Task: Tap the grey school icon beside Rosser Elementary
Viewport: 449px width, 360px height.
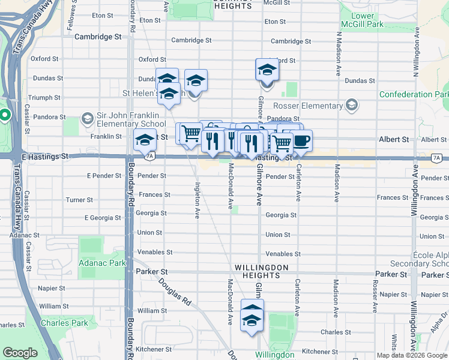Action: pyautogui.click(x=351, y=106)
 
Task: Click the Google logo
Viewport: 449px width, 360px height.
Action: pyautogui.click(x=20, y=353)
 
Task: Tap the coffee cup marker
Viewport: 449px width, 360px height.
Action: pyautogui.click(x=301, y=141)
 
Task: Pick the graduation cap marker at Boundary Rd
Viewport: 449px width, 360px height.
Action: pyautogui.click(x=144, y=140)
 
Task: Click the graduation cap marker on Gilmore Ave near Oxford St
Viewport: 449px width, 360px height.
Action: pyautogui.click(x=267, y=70)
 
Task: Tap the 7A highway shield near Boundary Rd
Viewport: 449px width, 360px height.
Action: pyautogui.click(x=150, y=156)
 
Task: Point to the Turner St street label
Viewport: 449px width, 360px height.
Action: pyautogui.click(x=79, y=200)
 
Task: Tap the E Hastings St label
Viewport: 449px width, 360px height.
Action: pyautogui.click(x=44, y=156)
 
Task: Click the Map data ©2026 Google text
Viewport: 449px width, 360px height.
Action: pyautogui.click(x=412, y=355)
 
